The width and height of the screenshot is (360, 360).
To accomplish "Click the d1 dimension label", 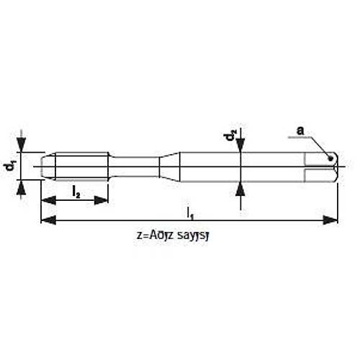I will tap(10, 166).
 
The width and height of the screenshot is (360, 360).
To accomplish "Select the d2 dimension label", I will tap(229, 136).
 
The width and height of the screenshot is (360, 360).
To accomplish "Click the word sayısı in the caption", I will tap(199, 234).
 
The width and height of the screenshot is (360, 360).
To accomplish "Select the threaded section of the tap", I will tap(79, 166).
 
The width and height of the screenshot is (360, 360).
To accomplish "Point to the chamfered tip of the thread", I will tap(47, 166).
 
